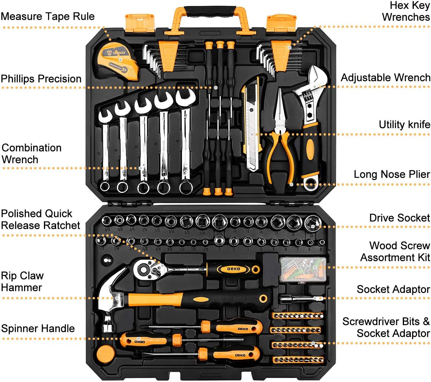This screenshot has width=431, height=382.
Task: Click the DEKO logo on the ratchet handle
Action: (234, 269)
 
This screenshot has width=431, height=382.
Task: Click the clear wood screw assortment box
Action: (303, 269)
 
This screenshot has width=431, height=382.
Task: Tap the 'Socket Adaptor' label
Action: (393, 289)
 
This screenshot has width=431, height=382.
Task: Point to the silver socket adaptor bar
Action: (300, 298)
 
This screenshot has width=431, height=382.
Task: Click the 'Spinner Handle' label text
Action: (38, 328)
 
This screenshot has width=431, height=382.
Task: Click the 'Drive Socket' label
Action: (399, 218)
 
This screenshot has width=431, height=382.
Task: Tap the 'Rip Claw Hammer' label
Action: (22, 281)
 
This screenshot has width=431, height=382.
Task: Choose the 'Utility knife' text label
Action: (404, 125)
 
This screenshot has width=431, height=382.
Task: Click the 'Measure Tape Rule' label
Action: (47, 16)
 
